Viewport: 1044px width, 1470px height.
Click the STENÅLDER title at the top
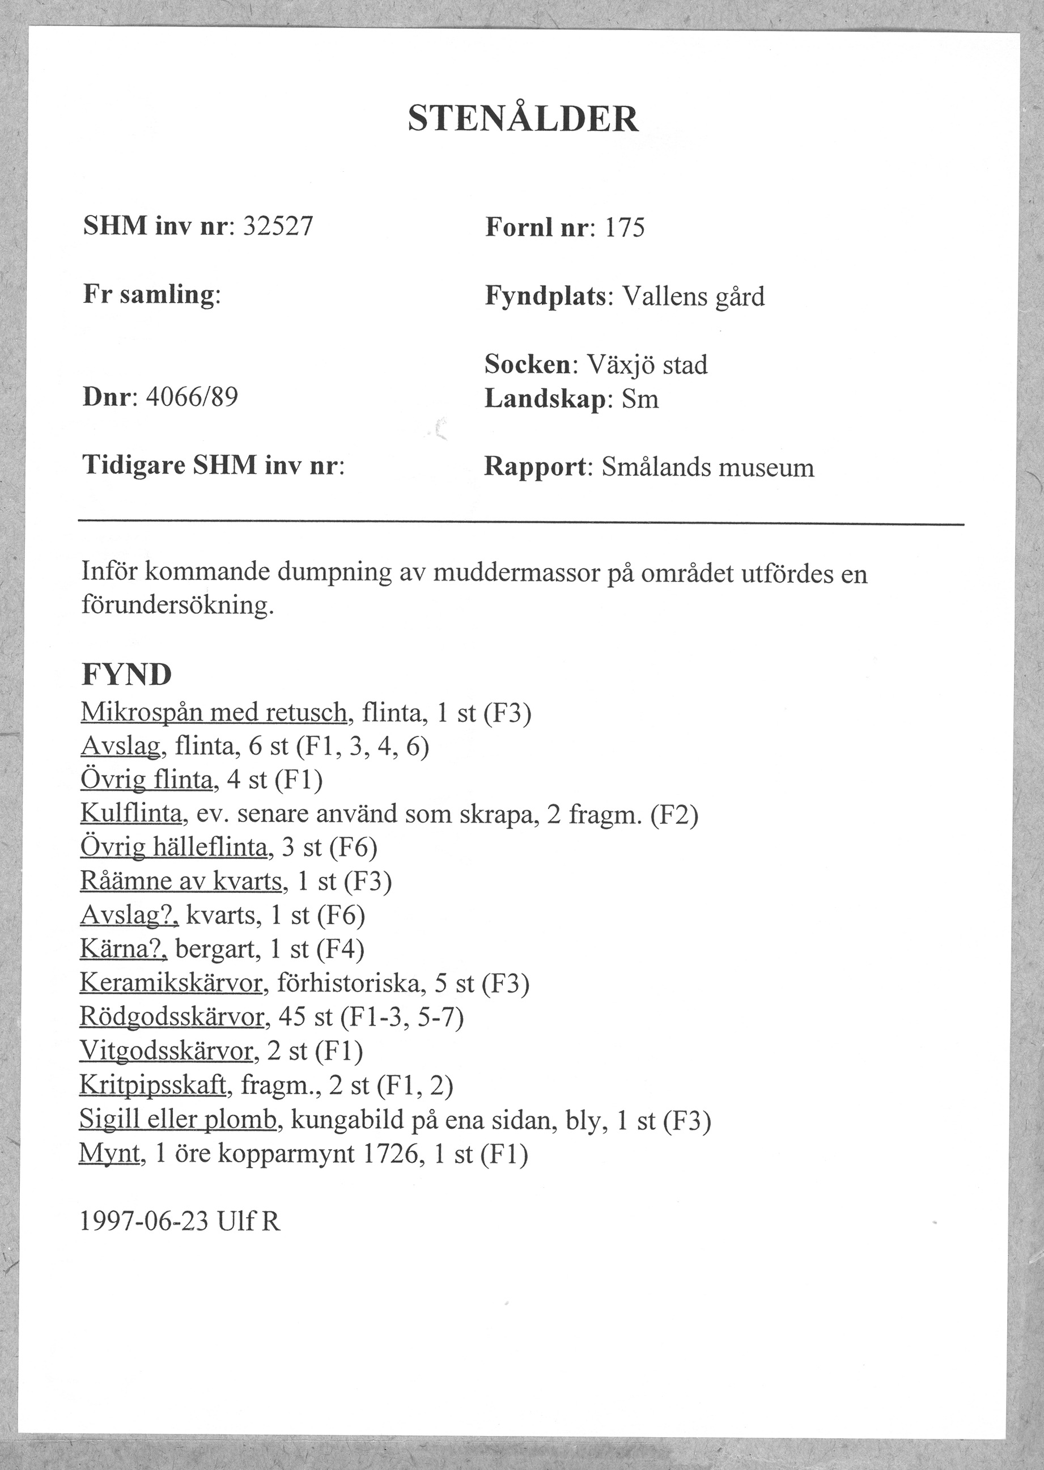point(523,119)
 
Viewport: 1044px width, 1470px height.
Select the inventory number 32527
point(277,226)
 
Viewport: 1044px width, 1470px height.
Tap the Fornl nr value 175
point(624,228)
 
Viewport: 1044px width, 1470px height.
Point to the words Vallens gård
point(694,297)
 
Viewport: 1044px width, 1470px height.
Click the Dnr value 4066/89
point(192,397)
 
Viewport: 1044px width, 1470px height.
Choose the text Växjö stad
point(648,365)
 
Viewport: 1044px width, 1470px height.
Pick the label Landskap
point(545,399)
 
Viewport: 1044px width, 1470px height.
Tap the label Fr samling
point(149,295)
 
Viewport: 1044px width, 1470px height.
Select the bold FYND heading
point(126,675)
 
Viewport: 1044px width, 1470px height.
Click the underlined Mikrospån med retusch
point(214,712)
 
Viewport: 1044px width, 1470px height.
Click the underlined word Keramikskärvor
point(171,983)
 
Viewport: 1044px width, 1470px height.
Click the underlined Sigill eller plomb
point(178,1120)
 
